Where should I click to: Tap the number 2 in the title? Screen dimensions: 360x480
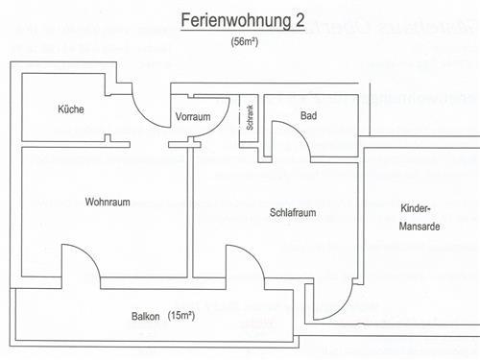pyautogui.click(x=300, y=21)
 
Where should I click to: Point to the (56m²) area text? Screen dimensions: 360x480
pyautogui.click(x=244, y=43)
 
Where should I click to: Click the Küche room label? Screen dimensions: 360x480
pyautogui.click(x=70, y=109)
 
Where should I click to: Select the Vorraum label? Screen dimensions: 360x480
pyautogui.click(x=193, y=117)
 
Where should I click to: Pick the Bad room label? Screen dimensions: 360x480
pyautogui.click(x=308, y=116)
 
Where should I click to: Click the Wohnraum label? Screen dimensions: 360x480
pyautogui.click(x=107, y=202)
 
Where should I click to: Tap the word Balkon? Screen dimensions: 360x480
pyautogui.click(x=146, y=317)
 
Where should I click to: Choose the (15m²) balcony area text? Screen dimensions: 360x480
pyautogui.click(x=181, y=316)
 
